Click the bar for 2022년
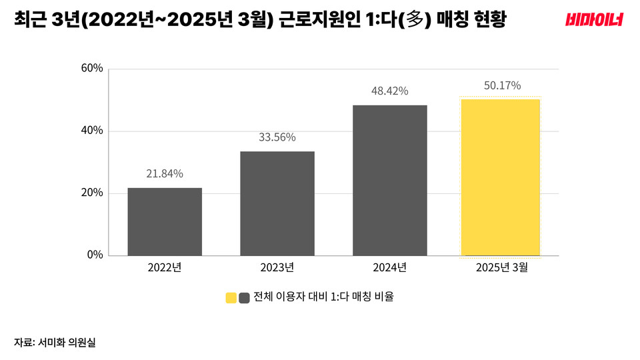(165, 221)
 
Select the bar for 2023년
(277, 203)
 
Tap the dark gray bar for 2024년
(389, 180)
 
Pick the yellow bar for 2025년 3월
(500, 177)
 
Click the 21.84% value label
(165, 174)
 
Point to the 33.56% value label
(277, 137)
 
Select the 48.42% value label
(389, 91)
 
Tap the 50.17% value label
(500, 85)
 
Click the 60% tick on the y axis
(92, 68)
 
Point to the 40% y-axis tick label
(92, 131)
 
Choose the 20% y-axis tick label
(92, 193)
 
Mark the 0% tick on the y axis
(95, 255)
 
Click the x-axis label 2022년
(165, 267)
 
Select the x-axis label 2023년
(277, 267)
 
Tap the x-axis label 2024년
(389, 267)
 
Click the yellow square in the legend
(231, 297)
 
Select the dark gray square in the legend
(244, 297)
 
